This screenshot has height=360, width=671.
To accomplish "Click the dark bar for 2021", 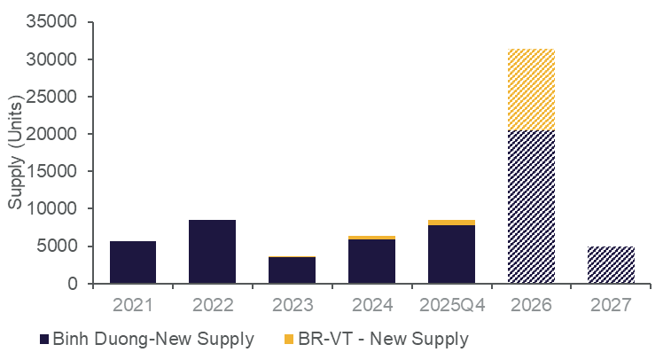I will (133, 262).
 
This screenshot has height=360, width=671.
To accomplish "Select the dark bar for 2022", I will (213, 252).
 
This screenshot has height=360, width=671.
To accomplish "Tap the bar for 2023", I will (293, 270).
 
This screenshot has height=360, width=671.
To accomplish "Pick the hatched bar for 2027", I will (612, 265).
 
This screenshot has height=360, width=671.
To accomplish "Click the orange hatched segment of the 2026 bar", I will (532, 90).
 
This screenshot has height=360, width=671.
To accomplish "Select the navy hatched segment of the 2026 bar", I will (532, 207).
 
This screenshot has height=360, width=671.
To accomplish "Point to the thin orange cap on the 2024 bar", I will (372, 238).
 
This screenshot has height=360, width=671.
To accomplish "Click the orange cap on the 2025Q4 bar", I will (452, 223).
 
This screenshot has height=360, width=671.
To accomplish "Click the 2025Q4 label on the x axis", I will (452, 305).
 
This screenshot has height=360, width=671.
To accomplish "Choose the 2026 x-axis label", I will (532, 305).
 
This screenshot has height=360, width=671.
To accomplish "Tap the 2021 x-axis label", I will (133, 305).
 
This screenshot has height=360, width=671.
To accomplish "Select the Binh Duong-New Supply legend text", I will (153, 339).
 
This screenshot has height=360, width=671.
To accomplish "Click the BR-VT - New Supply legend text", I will (394, 339).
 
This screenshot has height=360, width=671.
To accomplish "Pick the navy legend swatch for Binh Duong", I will (44, 339).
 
